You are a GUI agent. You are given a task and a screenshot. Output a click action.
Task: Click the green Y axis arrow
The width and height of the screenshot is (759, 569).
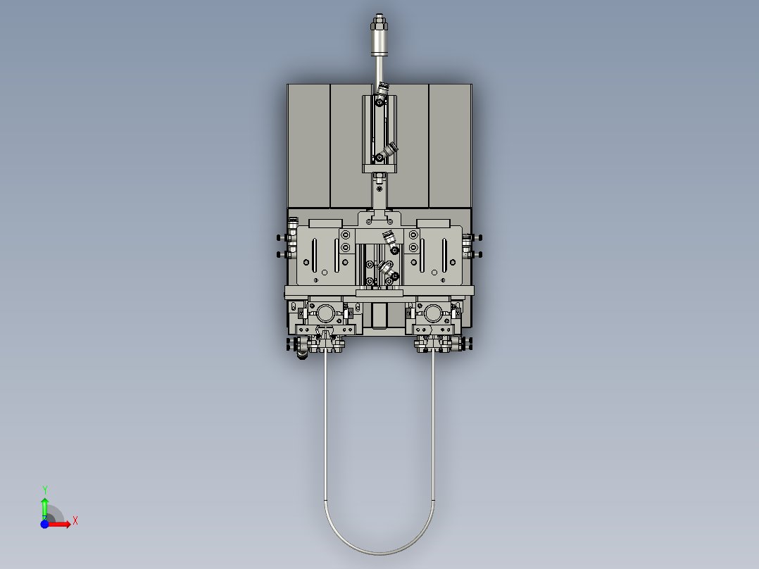point(44,506)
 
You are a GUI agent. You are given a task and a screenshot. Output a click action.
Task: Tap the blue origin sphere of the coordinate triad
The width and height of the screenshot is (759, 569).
point(44,524)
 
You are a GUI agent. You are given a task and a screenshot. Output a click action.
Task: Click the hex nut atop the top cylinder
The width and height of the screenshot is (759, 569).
point(380,22)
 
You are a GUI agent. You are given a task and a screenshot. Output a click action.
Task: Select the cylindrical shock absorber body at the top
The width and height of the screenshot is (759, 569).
point(380,44)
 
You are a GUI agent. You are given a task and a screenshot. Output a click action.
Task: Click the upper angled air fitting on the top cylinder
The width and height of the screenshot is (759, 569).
point(382,89)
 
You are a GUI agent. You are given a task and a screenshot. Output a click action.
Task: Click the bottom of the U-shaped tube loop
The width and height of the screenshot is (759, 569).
point(379,552)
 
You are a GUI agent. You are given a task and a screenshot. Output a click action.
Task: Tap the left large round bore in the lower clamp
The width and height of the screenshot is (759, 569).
point(325,312)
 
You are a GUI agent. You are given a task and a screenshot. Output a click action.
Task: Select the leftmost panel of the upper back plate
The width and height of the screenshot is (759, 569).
point(308,145)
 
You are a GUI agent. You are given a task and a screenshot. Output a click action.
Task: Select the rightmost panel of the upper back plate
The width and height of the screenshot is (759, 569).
point(450,145)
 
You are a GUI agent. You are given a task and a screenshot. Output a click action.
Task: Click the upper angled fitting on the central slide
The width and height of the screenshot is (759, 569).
point(389,238)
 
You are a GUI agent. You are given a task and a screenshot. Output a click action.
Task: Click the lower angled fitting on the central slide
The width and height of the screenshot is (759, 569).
point(386,268)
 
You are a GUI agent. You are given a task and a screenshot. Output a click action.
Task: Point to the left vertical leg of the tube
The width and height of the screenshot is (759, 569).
point(325,423)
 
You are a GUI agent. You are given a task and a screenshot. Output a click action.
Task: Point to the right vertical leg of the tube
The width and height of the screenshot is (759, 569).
point(433,423)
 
